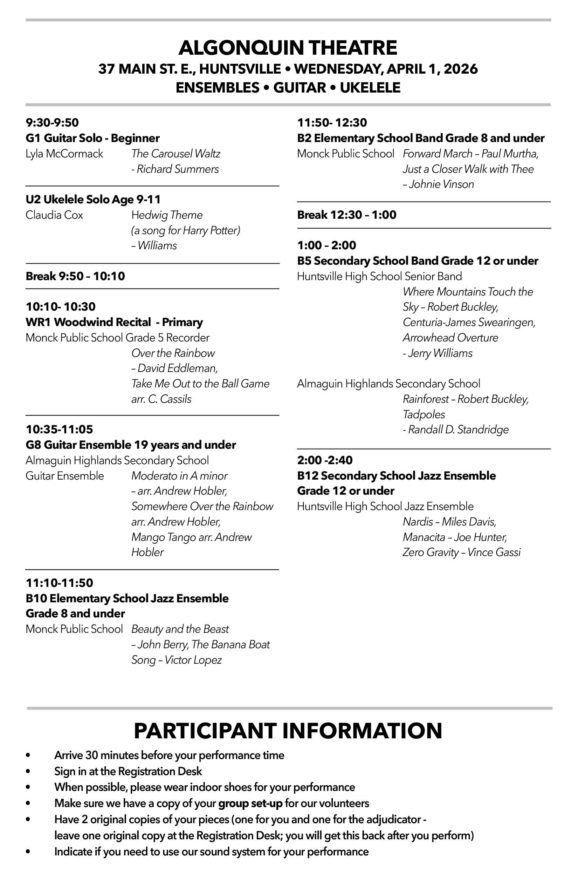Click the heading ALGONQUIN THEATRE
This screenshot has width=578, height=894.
pos(288,48)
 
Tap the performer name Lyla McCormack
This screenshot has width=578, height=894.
pos(64,154)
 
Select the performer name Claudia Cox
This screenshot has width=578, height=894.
pos(54,215)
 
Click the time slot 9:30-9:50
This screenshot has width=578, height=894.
pos(52,122)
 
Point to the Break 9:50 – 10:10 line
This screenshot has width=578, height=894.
pos(75,276)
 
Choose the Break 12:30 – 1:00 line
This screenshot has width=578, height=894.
pos(346,215)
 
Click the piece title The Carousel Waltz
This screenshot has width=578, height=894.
pos(176,154)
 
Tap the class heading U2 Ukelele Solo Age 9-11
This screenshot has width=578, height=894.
pos(93,199)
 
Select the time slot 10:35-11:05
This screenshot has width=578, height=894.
pos(59,429)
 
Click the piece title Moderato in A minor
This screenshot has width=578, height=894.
pos(179,476)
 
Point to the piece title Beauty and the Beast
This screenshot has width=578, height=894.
pos(180,629)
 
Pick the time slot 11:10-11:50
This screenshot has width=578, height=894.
pos(59,583)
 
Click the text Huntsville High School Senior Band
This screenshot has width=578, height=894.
pos(379,277)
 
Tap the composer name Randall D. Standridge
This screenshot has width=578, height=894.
pos(458,430)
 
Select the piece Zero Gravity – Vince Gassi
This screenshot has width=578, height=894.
pos(461,553)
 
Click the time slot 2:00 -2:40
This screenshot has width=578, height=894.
pos(325,460)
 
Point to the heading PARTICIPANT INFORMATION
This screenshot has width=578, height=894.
pos(288,731)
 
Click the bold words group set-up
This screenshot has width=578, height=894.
pos(250,804)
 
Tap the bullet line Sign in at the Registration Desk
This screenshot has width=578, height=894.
pos(128,771)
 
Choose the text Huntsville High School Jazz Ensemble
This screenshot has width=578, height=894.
pos(385,506)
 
